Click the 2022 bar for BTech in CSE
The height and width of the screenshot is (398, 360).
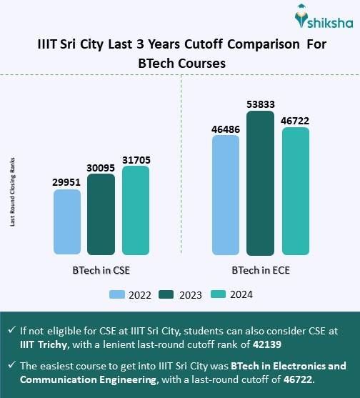pos(67,222)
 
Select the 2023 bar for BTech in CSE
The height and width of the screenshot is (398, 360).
pos(101,214)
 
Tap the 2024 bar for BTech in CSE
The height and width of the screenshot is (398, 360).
pos(136,211)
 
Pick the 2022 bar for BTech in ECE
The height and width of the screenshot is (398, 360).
pos(226,195)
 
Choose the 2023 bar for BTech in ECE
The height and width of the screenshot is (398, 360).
pos(260,183)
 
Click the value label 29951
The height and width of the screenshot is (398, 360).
pos(67,182)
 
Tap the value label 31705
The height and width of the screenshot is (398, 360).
pos(136,159)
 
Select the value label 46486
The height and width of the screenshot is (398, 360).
pos(226,129)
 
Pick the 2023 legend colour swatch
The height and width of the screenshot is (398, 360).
pos(165,294)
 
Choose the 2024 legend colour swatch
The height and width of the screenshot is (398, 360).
pos(214,294)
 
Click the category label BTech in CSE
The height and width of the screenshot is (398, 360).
pos(100,272)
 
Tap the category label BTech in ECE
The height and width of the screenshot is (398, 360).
pos(260,272)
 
